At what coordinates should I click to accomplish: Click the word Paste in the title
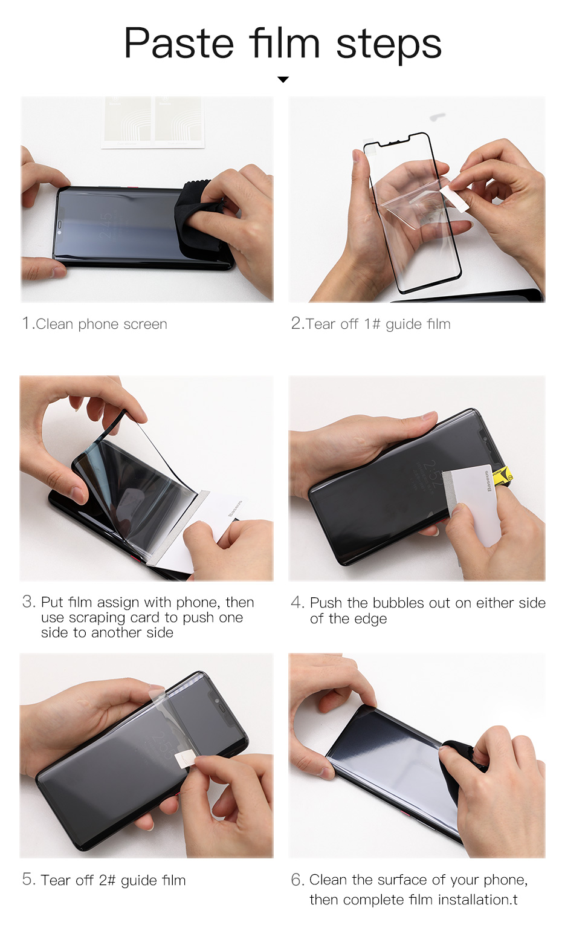pyautogui.click(x=179, y=43)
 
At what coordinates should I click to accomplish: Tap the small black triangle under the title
pyautogui.click(x=283, y=79)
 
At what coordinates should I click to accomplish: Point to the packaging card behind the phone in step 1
pyautogui.click(x=153, y=122)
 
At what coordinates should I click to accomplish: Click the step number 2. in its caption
pyautogui.click(x=298, y=323)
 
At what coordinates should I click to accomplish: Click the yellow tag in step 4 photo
pyautogui.click(x=502, y=476)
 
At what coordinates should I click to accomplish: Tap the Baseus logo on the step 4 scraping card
pyautogui.click(x=486, y=481)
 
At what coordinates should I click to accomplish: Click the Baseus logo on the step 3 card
pyautogui.click(x=234, y=508)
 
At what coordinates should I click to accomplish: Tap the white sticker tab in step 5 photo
pyautogui.click(x=185, y=758)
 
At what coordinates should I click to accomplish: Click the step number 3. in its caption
pyautogui.click(x=29, y=602)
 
